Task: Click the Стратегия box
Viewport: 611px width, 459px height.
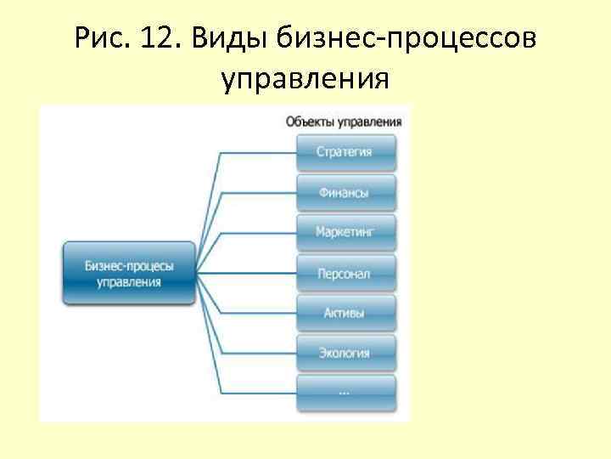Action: tap(345, 153)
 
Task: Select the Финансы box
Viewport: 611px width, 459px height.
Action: tap(345, 193)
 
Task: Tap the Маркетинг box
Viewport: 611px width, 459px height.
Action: tap(345, 231)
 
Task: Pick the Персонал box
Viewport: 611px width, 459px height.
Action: tap(345, 274)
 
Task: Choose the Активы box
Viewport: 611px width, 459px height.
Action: tap(345, 313)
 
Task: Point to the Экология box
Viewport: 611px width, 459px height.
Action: tap(345, 353)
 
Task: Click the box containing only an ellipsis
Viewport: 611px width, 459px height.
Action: tap(345, 392)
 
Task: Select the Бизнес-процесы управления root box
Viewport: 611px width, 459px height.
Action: tap(129, 273)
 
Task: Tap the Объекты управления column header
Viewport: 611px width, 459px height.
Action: tap(344, 122)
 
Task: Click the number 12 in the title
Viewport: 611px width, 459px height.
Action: tap(152, 38)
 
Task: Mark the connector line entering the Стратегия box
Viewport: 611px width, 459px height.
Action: tap(259, 153)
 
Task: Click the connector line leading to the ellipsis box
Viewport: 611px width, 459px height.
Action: tap(259, 392)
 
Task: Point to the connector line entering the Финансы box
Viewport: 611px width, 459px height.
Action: tap(259, 193)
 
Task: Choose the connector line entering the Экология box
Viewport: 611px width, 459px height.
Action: tap(259, 353)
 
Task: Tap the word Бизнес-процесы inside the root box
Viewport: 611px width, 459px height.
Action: tap(129, 265)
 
